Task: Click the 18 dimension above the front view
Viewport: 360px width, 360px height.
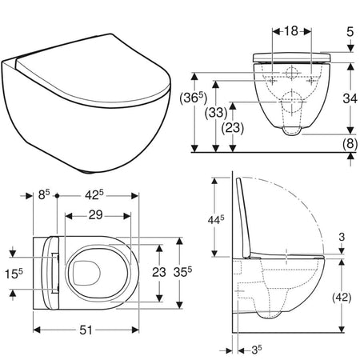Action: pyautogui.click(x=291, y=31)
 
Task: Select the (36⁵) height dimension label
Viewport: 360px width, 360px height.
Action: pyautogui.click(x=194, y=98)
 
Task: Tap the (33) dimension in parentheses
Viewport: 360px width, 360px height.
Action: pyautogui.click(x=216, y=113)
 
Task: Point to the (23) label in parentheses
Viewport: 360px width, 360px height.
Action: pyautogui.click(x=233, y=128)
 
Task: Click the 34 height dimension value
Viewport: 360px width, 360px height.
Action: pyautogui.click(x=350, y=98)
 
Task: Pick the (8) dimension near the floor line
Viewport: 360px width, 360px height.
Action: pyautogui.click(x=350, y=144)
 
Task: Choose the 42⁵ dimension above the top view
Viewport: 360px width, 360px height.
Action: pyautogui.click(x=94, y=195)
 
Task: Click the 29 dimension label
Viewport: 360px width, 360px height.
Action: pyautogui.click(x=95, y=215)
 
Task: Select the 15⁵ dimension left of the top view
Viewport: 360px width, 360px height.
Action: pyautogui.click(x=14, y=274)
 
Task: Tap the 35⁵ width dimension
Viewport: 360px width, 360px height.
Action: pyautogui.click(x=182, y=272)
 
